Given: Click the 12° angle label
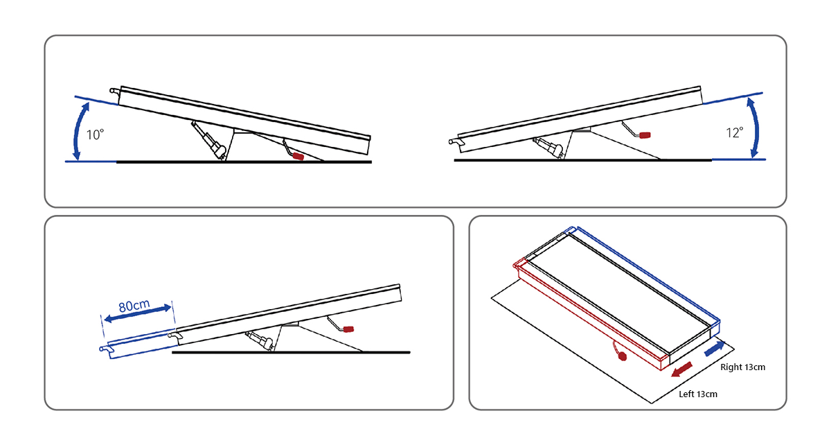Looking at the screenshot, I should coord(734,132).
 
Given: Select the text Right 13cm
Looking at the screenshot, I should coord(742,367).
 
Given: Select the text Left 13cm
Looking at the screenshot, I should coord(697,394).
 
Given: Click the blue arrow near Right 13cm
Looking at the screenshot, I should coord(715,349).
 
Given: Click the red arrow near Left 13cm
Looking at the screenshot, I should coord(683,369).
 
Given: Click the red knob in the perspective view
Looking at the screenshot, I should coord(621,357).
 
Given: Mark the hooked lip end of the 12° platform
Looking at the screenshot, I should coord(455,142).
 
